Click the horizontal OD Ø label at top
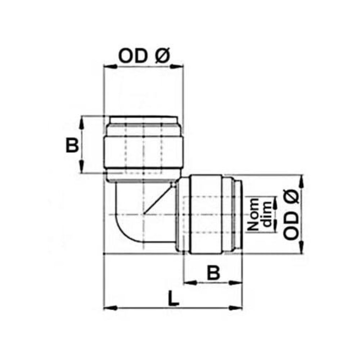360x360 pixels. point(143,57)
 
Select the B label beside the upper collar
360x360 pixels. point(72,146)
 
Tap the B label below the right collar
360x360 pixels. point(214,273)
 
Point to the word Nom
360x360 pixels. point(254,215)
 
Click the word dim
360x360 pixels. point(267,215)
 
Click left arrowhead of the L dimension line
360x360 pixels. point(108,308)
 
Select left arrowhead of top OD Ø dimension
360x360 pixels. point(108,66)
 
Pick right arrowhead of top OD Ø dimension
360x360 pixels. point(179,66)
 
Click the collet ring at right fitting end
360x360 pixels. point(238,215)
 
